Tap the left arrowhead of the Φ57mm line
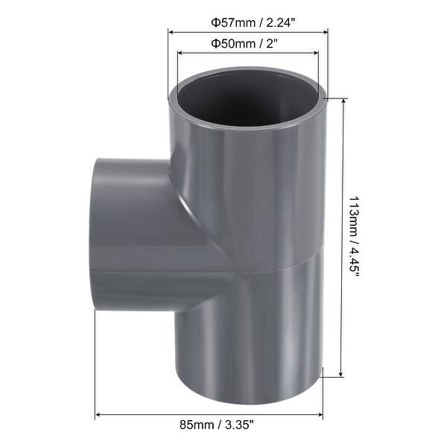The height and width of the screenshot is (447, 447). [171, 32]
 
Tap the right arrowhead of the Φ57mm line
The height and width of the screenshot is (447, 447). [326, 32]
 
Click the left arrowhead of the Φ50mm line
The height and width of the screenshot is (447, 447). [179, 53]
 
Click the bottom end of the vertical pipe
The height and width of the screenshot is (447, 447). [250, 384]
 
